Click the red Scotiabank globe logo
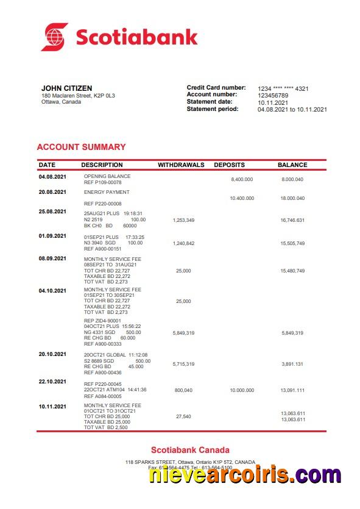54,37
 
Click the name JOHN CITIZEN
67,88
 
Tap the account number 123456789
273,96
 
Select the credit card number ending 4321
283,88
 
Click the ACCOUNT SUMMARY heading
81,147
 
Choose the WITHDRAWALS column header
181,165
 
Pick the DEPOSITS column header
229,165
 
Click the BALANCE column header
292,165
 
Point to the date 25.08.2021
52,212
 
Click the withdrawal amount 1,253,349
183,220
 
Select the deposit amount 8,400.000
242,180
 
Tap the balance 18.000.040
292,199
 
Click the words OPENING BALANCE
107,177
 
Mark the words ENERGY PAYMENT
107,192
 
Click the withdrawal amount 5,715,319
183,364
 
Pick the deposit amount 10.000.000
242,390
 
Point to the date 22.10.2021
52,382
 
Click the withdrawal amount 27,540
183,417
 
